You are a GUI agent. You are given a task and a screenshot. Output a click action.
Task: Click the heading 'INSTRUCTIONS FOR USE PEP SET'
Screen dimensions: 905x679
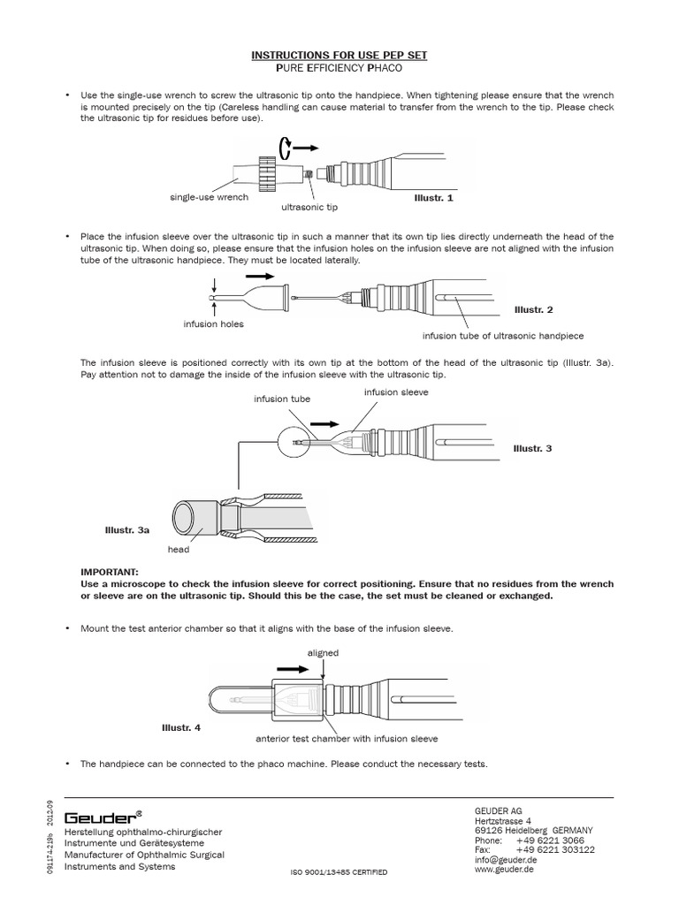click(339, 55)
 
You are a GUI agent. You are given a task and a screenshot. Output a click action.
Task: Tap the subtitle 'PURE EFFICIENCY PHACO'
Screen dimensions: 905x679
click(339, 67)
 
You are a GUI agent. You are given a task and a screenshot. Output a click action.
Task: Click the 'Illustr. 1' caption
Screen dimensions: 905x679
click(433, 198)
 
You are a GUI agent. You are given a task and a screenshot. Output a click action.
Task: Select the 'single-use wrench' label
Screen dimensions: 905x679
click(209, 197)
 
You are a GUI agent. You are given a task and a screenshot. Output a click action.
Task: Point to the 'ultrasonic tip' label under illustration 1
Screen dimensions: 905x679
click(309, 207)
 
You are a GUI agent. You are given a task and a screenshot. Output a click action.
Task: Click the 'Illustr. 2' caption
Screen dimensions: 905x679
click(533, 310)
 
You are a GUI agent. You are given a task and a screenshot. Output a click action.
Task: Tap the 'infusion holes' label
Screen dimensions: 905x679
click(213, 324)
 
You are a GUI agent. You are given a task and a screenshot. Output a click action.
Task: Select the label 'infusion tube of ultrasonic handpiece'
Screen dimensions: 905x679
click(502, 336)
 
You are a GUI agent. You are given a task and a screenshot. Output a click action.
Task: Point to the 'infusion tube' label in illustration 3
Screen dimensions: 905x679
click(282, 399)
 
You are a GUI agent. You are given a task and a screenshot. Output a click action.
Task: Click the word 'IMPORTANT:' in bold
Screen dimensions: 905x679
click(109, 573)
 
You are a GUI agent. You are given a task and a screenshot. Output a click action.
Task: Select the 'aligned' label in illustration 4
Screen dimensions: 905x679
click(323, 653)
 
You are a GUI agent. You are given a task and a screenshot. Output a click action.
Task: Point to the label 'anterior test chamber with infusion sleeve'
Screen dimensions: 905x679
click(347, 738)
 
